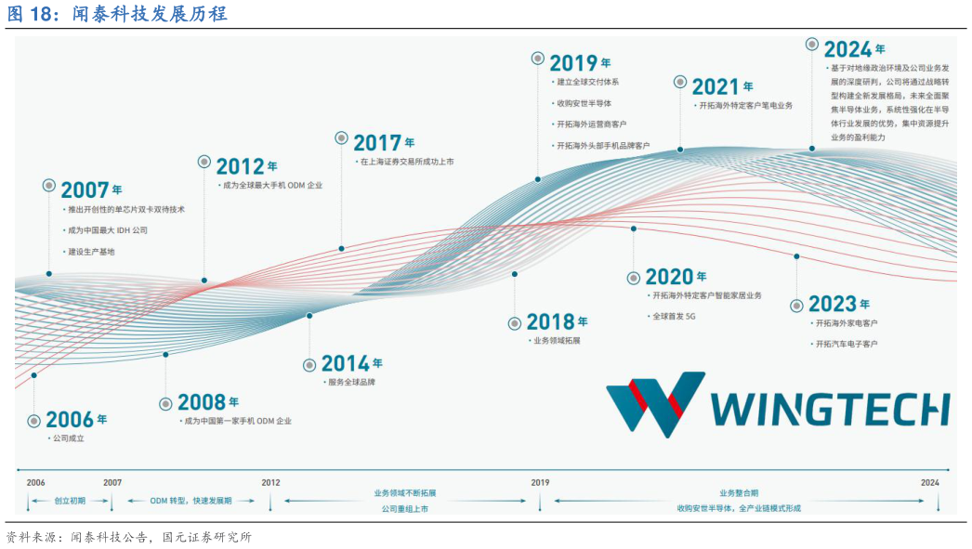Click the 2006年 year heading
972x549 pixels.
pyautogui.click(x=76, y=420)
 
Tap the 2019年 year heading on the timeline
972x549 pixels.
pyautogui.click(x=580, y=62)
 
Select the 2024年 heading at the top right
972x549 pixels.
pyautogui.click(x=854, y=49)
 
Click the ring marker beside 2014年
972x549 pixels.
pyautogui.click(x=309, y=365)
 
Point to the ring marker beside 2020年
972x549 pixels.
pyautogui.click(x=634, y=279)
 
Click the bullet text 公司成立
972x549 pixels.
pyautogui.click(x=68, y=438)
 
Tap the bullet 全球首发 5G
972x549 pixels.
pyautogui.click(x=674, y=316)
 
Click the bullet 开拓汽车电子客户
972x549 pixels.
pyautogui.click(x=847, y=344)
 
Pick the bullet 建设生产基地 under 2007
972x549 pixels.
pyautogui.click(x=91, y=252)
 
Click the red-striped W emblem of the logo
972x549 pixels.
pyautogui.click(x=655, y=404)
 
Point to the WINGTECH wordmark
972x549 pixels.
pyautogui.click(x=830, y=409)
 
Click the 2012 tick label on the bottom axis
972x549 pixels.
pyautogui.click(x=270, y=482)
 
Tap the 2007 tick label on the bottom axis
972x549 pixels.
pyautogui.click(x=112, y=482)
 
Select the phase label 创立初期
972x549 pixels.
pyautogui.click(x=70, y=501)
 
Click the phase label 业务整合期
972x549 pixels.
pyautogui.click(x=739, y=493)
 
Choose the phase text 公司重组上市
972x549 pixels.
pyautogui.click(x=405, y=509)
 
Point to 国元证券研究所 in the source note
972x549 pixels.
pyautogui.click(x=206, y=537)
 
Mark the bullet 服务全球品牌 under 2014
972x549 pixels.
pyautogui.click(x=351, y=383)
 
